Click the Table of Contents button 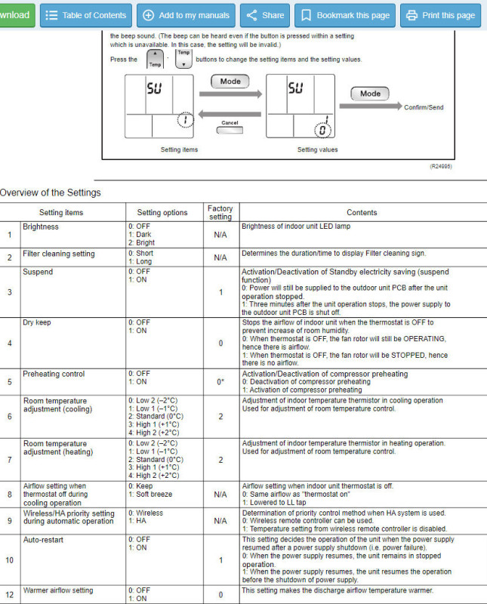(x=85, y=15)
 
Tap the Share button (x=264, y=15)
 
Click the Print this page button (x=441, y=15)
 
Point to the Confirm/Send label (x=424, y=107)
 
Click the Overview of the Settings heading (x=50, y=193)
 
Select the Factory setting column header (x=220, y=212)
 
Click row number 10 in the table (x=10, y=560)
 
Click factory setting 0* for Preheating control (x=220, y=382)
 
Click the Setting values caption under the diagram (x=317, y=149)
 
